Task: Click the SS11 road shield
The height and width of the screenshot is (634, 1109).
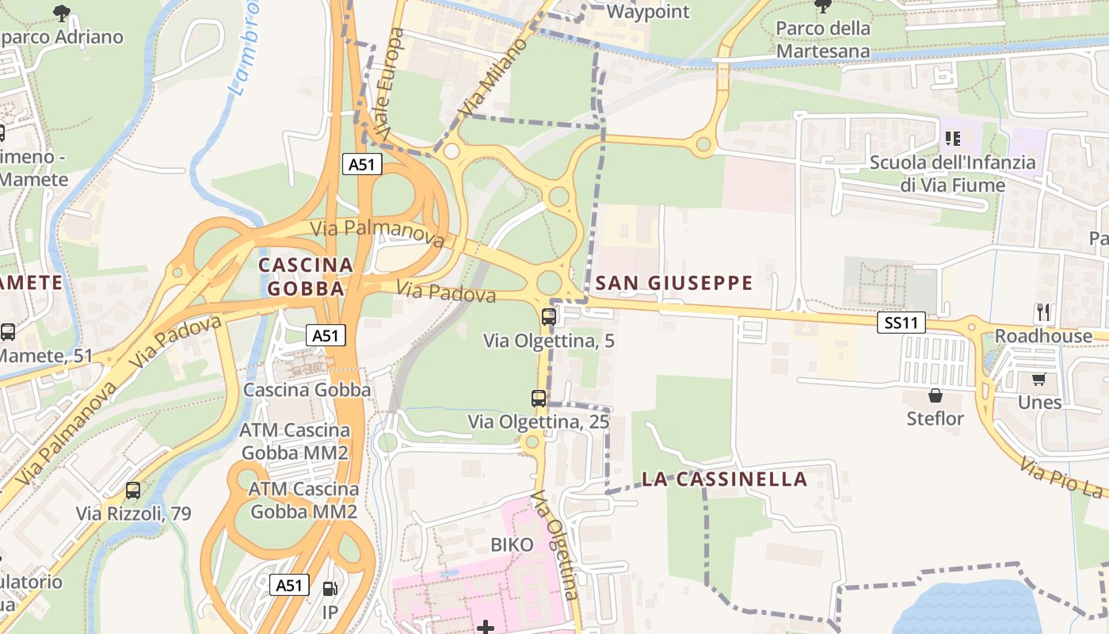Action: pos(901,323)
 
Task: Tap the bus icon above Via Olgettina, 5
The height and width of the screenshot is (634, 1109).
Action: pos(548,317)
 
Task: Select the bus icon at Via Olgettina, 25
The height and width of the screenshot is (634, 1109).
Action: pos(539,399)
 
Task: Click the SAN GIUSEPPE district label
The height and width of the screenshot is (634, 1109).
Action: pos(673,283)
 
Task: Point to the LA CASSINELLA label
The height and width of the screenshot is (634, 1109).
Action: pos(724,479)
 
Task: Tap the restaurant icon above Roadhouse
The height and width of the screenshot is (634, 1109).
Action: pos(1042,312)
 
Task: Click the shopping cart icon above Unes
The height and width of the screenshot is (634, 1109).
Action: pos(1038,379)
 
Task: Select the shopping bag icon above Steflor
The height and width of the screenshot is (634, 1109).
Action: pos(936,395)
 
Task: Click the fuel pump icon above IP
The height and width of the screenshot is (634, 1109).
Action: pos(330,589)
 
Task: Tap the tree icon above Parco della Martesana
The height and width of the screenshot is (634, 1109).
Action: pos(823,6)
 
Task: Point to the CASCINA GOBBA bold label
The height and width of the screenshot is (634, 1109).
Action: pos(306,276)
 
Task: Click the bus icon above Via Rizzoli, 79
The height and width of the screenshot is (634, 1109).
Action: pos(133,491)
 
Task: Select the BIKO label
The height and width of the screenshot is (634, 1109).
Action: pos(512,544)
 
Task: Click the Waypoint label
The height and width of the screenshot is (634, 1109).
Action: pos(648,12)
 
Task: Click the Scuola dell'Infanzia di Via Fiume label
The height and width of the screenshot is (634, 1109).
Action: pos(952,174)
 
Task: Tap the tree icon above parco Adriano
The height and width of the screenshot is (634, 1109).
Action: pos(61,12)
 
